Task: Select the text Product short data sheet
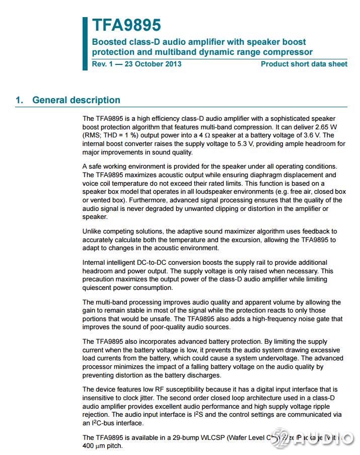pos(304,64)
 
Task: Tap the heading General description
pos(76,100)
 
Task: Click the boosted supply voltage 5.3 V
pos(275,144)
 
